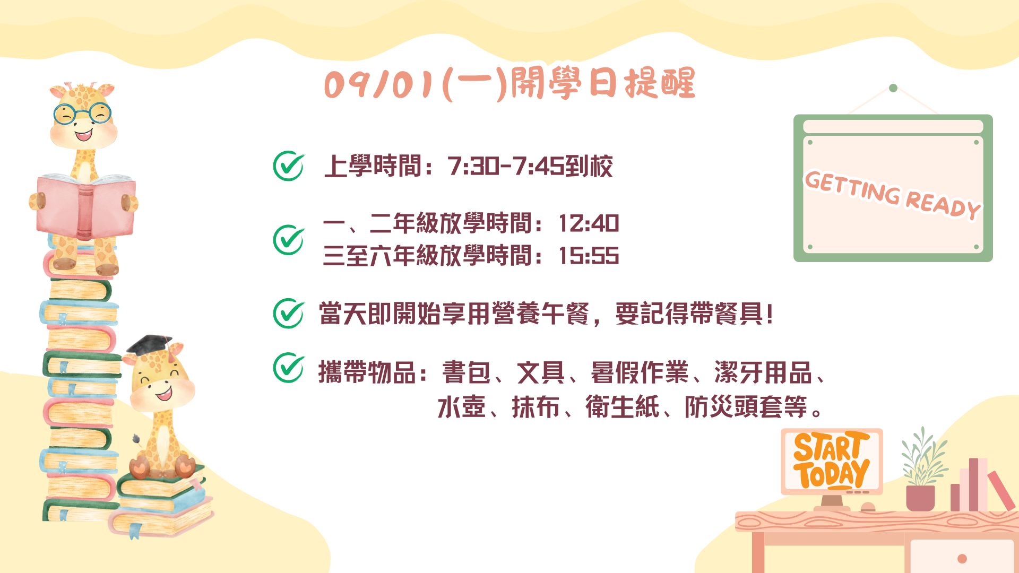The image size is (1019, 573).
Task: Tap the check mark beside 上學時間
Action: point(289,166)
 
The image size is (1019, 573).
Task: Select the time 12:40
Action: point(589,223)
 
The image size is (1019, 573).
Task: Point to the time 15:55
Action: point(589,256)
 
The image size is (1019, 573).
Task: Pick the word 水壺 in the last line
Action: point(462,407)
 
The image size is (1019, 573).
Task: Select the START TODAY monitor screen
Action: point(832,461)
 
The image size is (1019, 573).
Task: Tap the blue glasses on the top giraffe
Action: point(83,114)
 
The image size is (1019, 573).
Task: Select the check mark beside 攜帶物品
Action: point(289,367)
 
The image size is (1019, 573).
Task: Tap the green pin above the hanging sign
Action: point(893,88)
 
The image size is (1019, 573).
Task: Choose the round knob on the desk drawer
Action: point(962,559)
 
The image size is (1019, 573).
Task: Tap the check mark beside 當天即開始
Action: point(289,313)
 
